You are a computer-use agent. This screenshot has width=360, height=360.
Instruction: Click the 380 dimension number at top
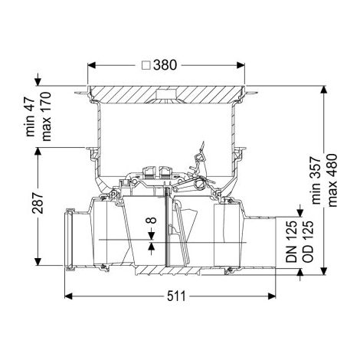[165, 65]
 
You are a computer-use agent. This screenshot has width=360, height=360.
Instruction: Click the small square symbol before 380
[146, 66]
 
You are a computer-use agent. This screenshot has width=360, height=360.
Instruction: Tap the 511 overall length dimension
[176, 296]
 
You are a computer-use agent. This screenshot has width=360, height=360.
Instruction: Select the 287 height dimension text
[38, 203]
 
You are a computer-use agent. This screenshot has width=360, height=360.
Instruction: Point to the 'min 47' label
[31, 117]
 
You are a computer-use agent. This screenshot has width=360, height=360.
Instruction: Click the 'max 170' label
[47, 116]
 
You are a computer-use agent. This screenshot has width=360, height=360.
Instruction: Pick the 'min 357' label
[316, 181]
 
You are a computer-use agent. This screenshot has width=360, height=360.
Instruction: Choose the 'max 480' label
[332, 180]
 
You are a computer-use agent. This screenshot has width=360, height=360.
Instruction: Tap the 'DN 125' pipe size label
[292, 241]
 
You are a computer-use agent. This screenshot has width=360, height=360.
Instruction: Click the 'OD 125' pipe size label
[308, 241]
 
